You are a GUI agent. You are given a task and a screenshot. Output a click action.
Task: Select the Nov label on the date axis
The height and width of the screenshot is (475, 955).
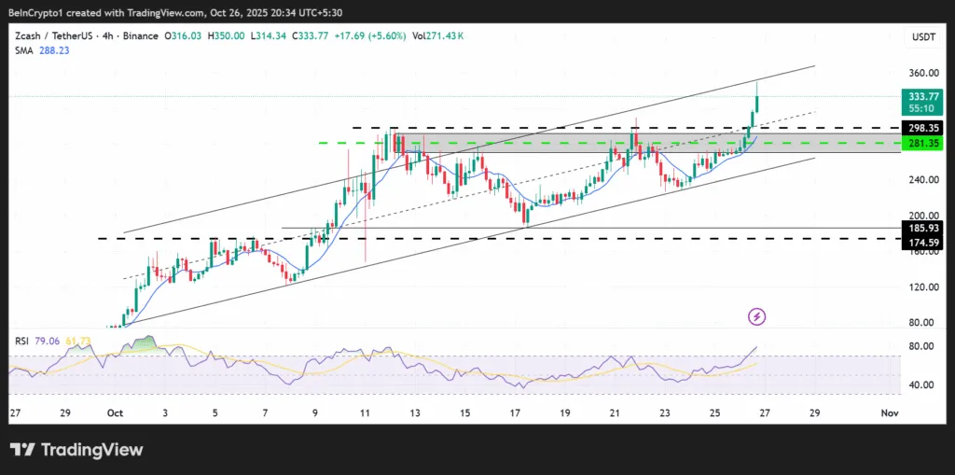point(890,412)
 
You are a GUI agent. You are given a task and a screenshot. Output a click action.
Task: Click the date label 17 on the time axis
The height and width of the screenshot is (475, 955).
point(515,412)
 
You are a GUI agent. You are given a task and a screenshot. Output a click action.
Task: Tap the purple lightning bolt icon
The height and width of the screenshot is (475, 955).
point(757,317)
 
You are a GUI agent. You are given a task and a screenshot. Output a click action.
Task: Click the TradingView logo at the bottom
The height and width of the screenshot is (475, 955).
point(77,450)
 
